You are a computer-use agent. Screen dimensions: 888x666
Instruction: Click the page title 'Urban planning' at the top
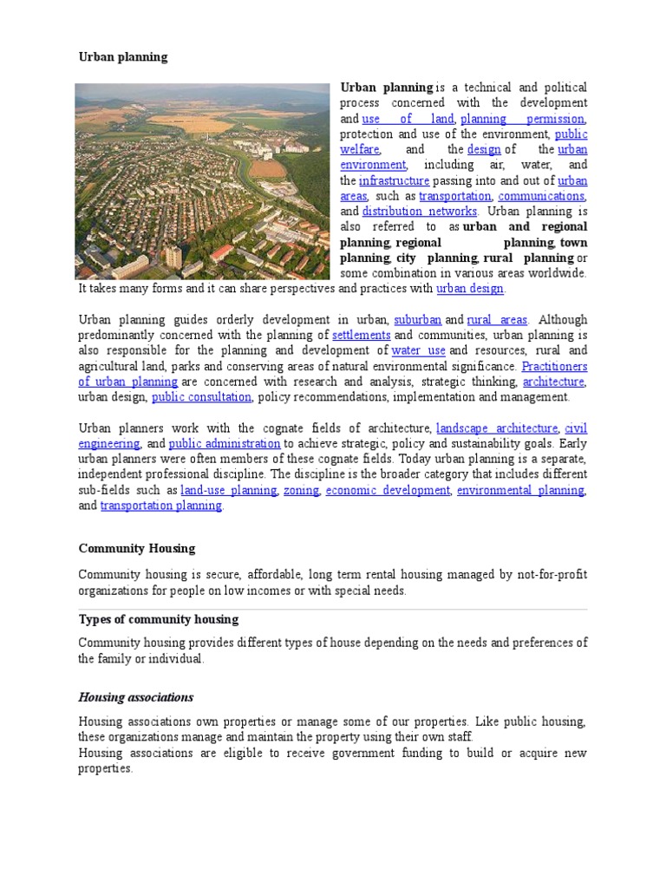tap(123, 57)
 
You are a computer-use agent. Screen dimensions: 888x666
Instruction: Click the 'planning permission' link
tap(523, 119)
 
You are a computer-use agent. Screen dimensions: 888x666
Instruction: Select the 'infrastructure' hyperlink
tap(394, 180)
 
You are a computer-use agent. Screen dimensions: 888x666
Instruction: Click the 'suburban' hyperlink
tap(418, 319)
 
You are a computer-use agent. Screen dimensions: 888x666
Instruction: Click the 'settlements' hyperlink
tap(362, 335)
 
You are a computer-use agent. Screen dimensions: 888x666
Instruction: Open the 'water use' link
tap(418, 350)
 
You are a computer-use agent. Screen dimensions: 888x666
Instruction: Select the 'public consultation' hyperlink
tap(202, 397)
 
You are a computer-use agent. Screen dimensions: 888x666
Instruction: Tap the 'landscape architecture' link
tap(497, 428)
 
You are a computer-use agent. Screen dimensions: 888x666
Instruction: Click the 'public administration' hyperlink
tap(225, 444)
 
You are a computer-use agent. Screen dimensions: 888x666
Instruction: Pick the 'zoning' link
tap(302, 491)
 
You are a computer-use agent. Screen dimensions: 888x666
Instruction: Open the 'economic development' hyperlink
tap(388, 491)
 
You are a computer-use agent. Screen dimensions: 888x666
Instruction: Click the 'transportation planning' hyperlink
tap(161, 506)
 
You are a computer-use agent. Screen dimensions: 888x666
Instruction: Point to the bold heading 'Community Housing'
tap(137, 549)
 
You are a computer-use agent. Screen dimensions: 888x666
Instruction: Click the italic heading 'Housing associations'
tap(136, 698)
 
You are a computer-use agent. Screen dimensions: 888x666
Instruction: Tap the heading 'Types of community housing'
tap(159, 620)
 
